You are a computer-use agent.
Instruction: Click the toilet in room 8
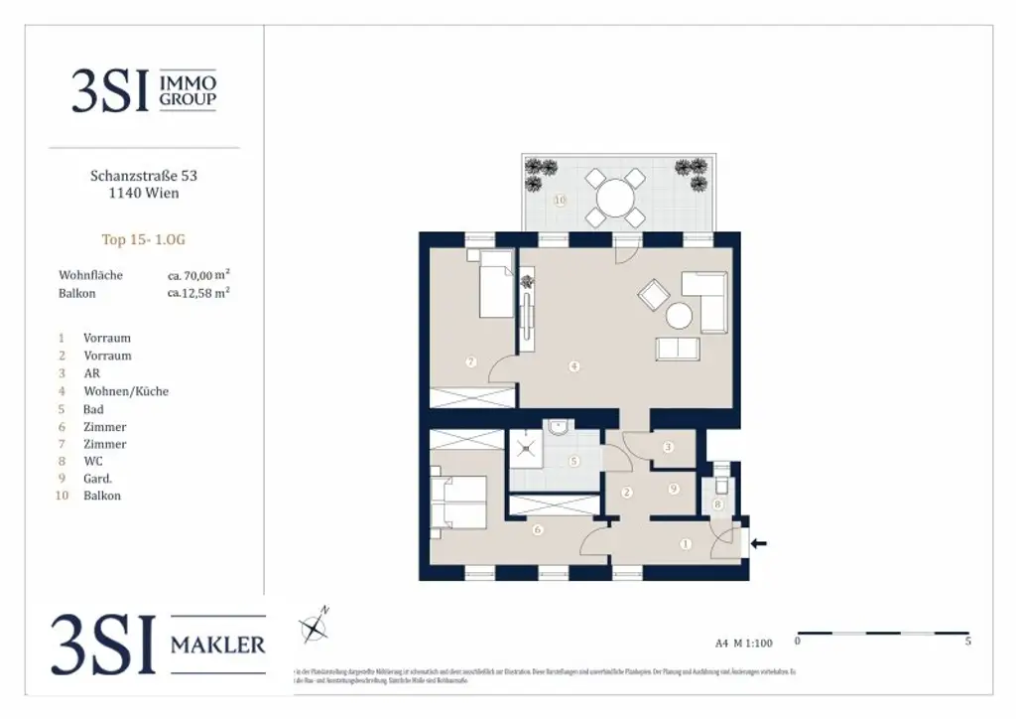point(721,487)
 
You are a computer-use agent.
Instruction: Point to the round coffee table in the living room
point(680,316)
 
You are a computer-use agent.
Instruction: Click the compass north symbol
point(315,625)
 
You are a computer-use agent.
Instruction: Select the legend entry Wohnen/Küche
point(126,391)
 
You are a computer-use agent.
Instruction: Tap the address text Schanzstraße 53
point(144,176)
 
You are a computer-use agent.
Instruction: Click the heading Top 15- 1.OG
point(144,239)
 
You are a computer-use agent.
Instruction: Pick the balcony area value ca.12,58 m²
point(198,293)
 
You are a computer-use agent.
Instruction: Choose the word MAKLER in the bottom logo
point(218,645)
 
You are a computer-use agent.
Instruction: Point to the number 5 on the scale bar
point(967,642)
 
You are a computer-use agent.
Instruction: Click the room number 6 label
point(537,530)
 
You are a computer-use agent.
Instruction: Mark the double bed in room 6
point(458,502)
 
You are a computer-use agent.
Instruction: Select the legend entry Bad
point(94,409)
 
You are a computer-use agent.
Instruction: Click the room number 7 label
point(470,361)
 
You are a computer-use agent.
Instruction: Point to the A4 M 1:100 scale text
point(743,643)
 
